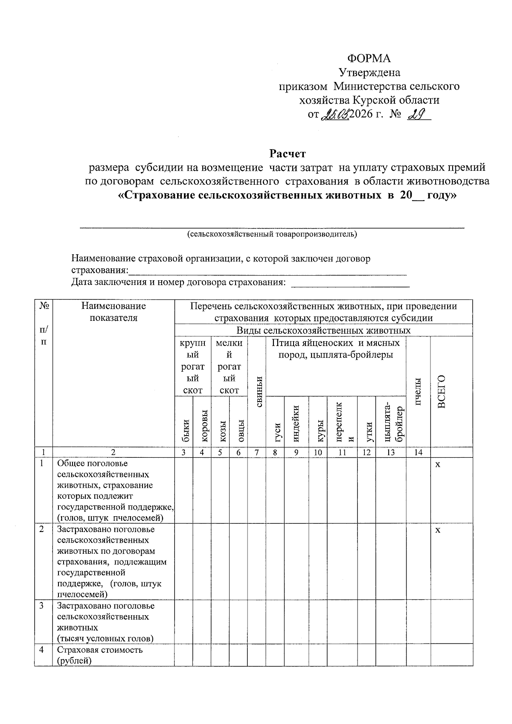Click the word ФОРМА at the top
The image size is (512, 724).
click(x=369, y=58)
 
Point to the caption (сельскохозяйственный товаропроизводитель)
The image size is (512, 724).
click(x=272, y=234)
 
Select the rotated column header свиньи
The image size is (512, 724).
click(x=258, y=392)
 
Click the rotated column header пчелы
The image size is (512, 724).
click(x=418, y=392)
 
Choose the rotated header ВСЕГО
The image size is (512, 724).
click(x=442, y=392)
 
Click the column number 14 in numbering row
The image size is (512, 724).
click(x=418, y=453)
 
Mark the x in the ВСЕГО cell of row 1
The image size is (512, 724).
click(x=437, y=464)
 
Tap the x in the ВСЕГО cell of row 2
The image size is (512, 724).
click(x=437, y=530)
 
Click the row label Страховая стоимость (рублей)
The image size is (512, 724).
click(x=100, y=655)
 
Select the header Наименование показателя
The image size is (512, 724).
click(x=113, y=311)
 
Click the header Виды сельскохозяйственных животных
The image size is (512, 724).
click(x=323, y=331)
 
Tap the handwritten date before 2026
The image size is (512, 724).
click(x=335, y=114)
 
